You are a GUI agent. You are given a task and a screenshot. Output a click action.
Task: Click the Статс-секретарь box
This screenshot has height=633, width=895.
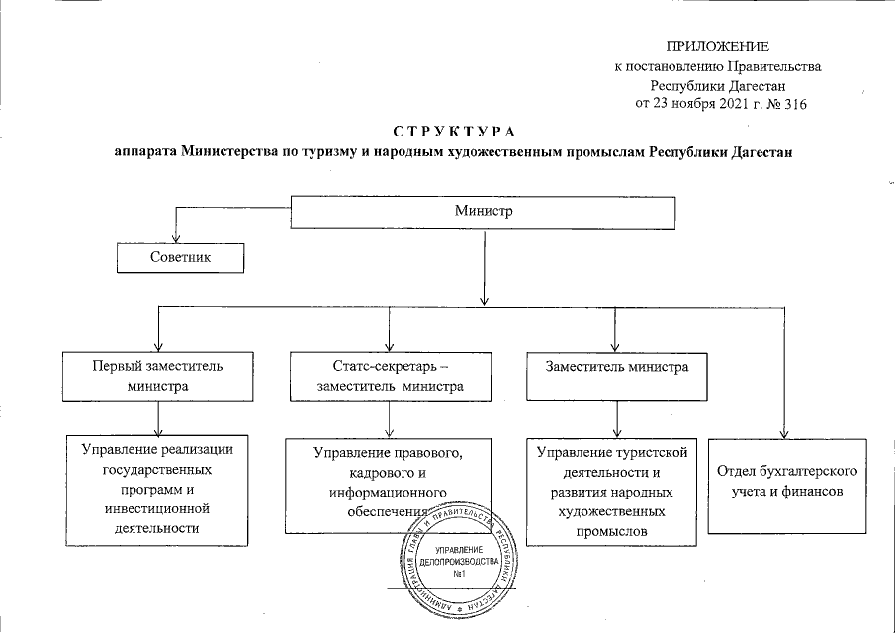pos(391,376)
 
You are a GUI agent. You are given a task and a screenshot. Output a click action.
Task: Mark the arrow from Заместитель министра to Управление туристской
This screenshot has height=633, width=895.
pos(617,419)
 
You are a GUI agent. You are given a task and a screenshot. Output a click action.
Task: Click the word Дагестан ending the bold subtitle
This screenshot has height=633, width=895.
pos(757,153)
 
